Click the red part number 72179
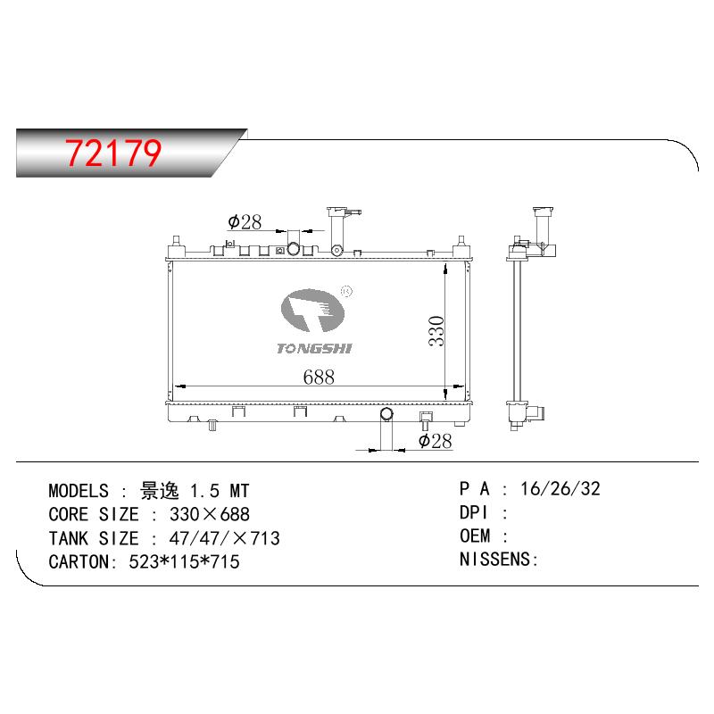pos(113,153)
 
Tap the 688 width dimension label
pos(319,377)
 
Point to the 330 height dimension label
pos(436,331)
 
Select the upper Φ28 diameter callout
pos(245,222)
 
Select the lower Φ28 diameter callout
pos(436,441)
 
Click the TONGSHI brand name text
pos(314,349)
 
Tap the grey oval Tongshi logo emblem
pos(312,311)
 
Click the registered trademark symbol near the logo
pos(346,291)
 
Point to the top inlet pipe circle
pos(294,249)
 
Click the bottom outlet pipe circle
pos(386,414)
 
